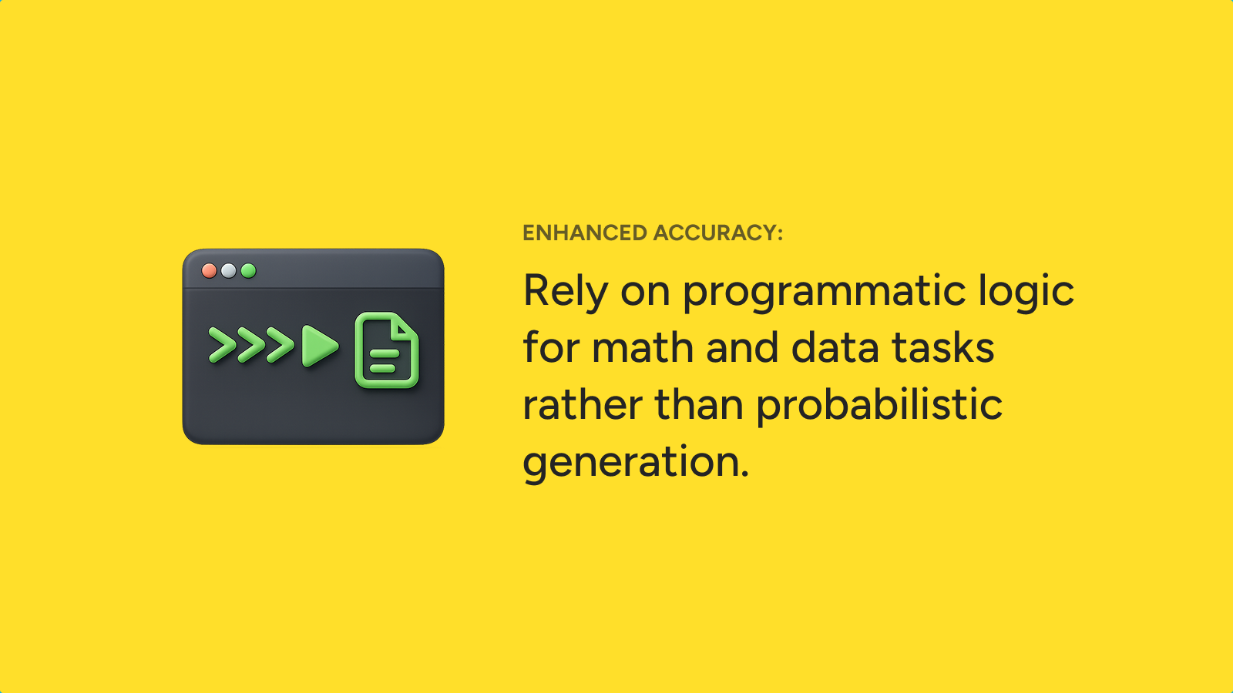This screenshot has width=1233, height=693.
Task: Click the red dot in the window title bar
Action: point(209,270)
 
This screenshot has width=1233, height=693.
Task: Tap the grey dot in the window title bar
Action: point(228,270)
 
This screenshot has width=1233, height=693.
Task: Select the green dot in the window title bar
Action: point(248,270)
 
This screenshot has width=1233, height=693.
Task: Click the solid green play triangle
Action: point(320,346)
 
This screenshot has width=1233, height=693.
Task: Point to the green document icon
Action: point(386,350)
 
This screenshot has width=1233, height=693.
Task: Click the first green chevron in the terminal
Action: point(223,345)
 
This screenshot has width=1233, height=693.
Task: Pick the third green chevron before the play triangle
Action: point(280,345)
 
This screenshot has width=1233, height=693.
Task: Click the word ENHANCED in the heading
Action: point(585,233)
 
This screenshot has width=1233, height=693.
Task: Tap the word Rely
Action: point(566,292)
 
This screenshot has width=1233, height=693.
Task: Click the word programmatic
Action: point(824,292)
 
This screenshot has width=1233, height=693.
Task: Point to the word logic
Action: point(1026,292)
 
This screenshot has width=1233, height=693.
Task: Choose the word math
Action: point(643,347)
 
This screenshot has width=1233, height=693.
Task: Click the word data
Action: point(835,347)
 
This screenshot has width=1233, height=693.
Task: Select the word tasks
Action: point(943,347)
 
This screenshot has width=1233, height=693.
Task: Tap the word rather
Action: point(583,404)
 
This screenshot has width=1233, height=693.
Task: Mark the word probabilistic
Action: point(879,406)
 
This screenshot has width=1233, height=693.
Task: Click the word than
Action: point(699,404)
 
